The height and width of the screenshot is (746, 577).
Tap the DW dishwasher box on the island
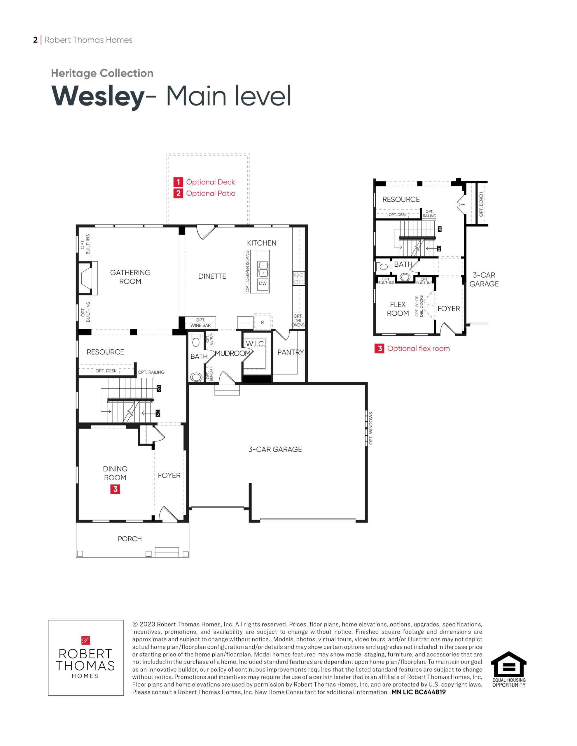263,283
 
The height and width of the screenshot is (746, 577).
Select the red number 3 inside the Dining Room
115,489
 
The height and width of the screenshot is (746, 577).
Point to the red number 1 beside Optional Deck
178,182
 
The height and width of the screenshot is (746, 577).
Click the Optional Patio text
211,193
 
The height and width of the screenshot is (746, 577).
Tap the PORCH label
130,539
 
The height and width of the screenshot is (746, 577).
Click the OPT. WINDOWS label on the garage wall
371,428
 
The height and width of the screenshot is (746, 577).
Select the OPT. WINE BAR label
201,323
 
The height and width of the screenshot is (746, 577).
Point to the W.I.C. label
256,344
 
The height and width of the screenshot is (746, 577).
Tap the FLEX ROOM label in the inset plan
398,309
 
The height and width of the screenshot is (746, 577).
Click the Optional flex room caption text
418,349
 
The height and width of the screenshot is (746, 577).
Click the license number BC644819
430,692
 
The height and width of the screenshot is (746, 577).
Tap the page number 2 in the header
35,40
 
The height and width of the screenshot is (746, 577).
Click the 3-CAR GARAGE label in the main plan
275,450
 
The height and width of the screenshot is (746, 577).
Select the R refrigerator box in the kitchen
262,322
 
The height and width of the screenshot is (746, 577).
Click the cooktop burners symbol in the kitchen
299,278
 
